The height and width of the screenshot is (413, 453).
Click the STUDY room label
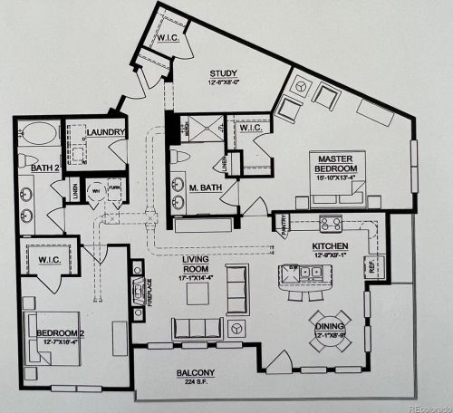[223, 74]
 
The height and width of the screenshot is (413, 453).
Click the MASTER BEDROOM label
[334, 164]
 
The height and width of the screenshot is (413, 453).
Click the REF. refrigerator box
[372, 266]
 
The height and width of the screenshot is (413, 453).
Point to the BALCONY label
[196, 373]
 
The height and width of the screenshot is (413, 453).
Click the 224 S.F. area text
[196, 382]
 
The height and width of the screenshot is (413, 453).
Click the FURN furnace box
[114, 191]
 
